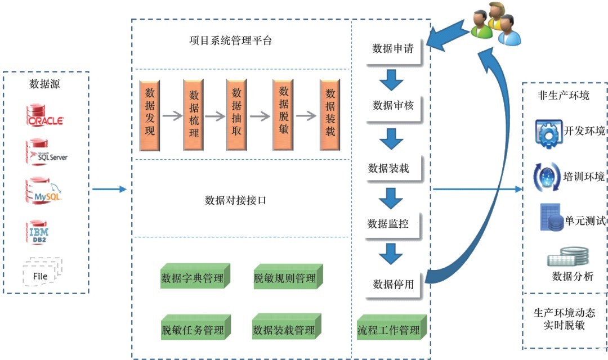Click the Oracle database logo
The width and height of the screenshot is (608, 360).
(x=44, y=115)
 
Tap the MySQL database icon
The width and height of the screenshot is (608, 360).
(x=44, y=191)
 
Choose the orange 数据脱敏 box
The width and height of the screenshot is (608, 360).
(x=284, y=115)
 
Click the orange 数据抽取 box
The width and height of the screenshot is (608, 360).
(x=236, y=115)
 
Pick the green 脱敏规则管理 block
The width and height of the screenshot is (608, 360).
(x=286, y=277)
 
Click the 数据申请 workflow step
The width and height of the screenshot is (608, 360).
(x=393, y=49)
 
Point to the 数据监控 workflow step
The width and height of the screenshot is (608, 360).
(x=388, y=223)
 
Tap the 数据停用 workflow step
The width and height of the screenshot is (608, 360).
(x=393, y=284)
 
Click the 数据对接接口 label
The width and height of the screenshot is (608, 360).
(x=235, y=200)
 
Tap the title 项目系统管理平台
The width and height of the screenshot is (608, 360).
(x=231, y=41)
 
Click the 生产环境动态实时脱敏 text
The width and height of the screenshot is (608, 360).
(x=564, y=318)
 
